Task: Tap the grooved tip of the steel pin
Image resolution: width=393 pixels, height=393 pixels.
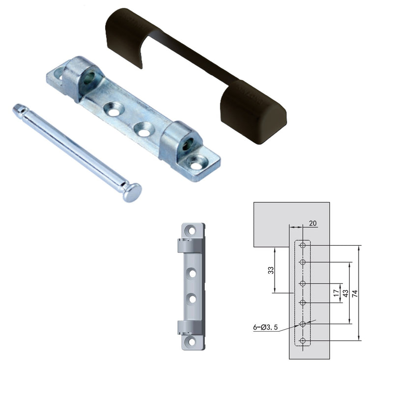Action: pyautogui.click(x=18, y=108)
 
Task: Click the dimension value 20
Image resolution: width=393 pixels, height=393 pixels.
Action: pyautogui.click(x=313, y=224)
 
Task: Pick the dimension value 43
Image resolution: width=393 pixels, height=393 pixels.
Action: pyautogui.click(x=345, y=293)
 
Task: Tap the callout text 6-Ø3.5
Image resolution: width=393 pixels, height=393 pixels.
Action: pyautogui.click(x=265, y=327)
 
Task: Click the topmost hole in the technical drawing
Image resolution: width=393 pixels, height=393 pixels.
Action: pyautogui.click(x=303, y=245)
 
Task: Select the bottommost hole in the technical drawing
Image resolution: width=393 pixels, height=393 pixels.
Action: pyautogui.click(x=303, y=340)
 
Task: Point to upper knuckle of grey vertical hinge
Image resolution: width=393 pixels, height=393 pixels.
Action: pyautogui.click(x=190, y=246)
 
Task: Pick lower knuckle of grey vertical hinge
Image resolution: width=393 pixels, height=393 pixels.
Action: pyautogui.click(x=190, y=327)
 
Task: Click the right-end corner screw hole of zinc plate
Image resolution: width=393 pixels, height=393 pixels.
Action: pyautogui.click(x=197, y=166)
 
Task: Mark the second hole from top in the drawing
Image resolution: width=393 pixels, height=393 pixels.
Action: pyautogui.click(x=303, y=262)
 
